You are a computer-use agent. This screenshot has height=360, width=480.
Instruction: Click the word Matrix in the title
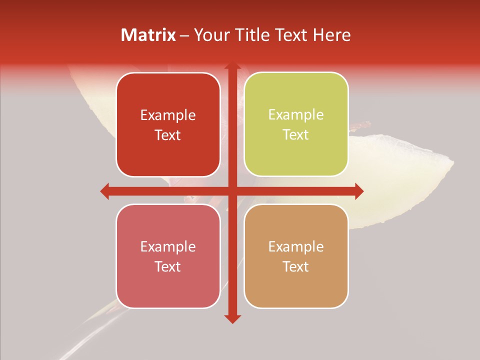click(148, 35)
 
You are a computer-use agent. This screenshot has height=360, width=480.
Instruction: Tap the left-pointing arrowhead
click(105, 191)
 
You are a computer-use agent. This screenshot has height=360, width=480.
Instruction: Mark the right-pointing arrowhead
click(359, 191)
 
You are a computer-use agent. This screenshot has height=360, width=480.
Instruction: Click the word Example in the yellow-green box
click(296, 115)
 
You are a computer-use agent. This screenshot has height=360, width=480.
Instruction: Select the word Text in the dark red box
click(168, 135)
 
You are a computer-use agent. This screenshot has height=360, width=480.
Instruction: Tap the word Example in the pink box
click(168, 247)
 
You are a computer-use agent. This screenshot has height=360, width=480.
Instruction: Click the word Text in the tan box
click(296, 266)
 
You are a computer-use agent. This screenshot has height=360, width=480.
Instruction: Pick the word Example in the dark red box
click(168, 115)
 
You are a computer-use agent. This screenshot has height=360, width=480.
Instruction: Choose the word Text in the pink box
click(168, 266)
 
